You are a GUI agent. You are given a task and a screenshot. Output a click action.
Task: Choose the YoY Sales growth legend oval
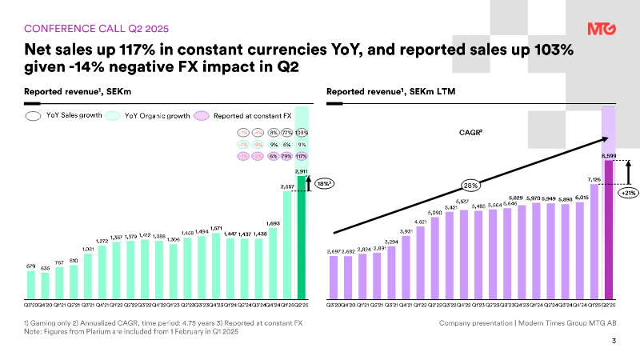(34, 116)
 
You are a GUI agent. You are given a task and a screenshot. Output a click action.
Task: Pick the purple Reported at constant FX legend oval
(202, 116)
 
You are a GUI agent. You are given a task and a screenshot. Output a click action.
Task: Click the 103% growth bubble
(302, 132)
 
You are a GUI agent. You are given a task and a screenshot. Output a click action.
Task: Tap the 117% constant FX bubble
(302, 157)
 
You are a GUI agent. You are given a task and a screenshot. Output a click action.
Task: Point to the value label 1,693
(273, 223)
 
